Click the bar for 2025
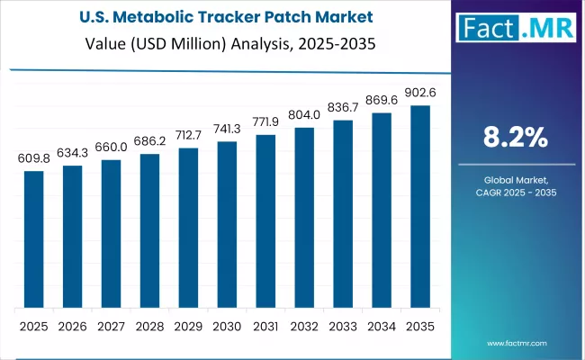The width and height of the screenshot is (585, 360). [33, 238]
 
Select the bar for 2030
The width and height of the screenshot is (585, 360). [227, 224]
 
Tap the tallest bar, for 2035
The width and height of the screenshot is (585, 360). [420, 206]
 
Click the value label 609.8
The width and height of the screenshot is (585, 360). [33, 158]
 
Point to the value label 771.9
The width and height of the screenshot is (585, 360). [265, 122]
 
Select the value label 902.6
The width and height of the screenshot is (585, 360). [420, 93]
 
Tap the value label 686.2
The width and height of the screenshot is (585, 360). [149, 142]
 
